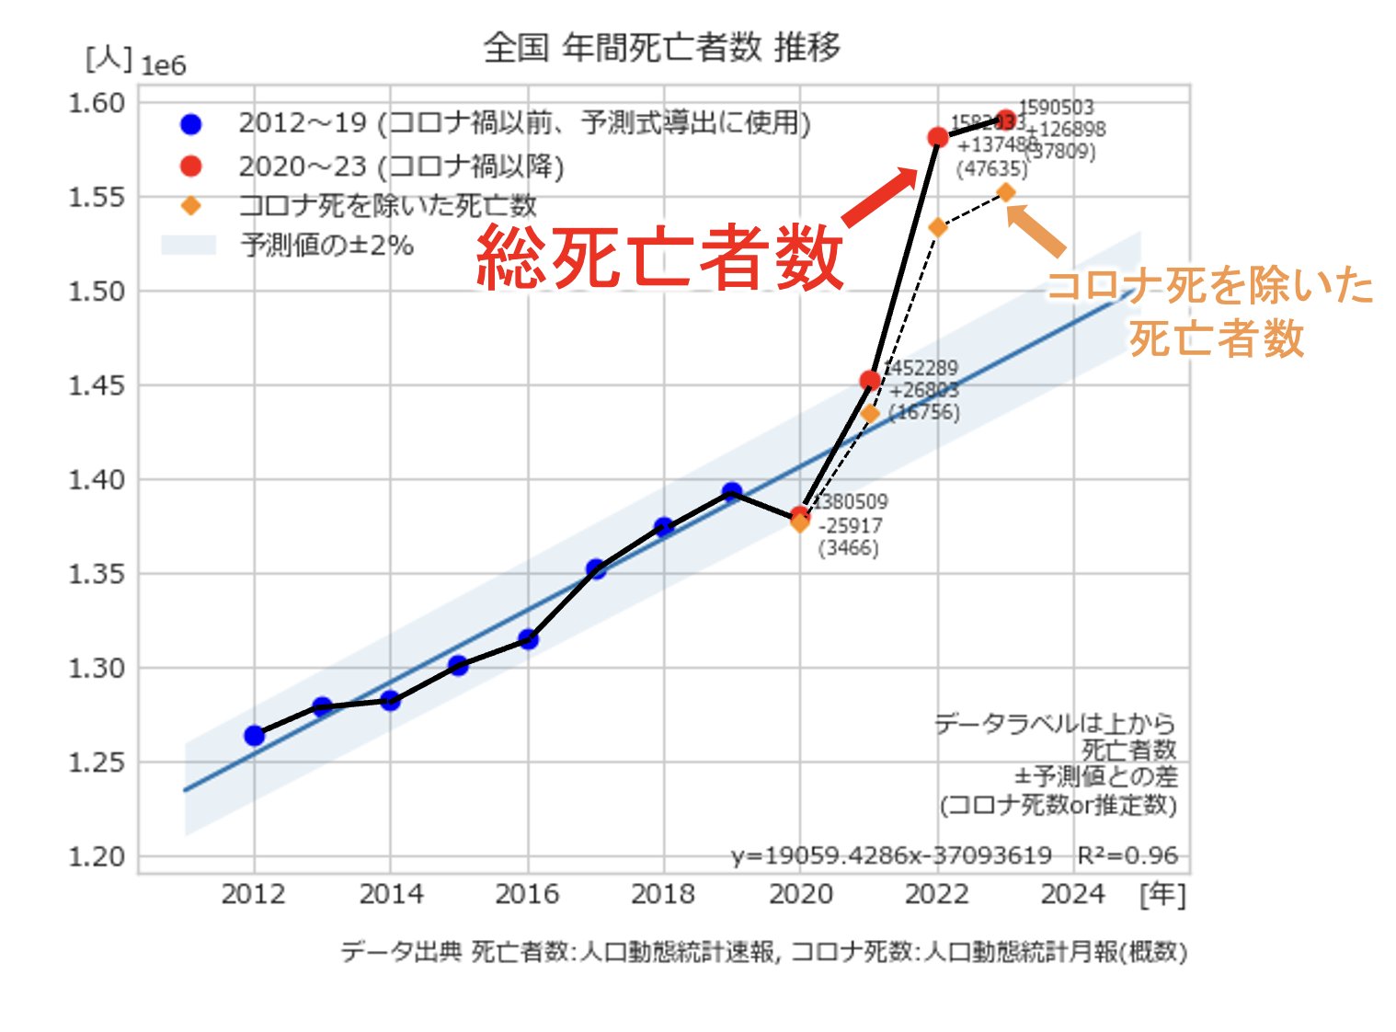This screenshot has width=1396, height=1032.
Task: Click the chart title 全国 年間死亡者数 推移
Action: click(661, 47)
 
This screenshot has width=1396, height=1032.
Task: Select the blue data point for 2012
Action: click(255, 735)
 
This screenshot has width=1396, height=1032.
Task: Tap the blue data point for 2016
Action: click(528, 639)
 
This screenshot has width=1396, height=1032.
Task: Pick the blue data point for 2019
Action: click(732, 492)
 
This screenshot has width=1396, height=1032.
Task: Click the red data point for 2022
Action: click(937, 137)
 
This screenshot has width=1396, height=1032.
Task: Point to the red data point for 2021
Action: click(869, 380)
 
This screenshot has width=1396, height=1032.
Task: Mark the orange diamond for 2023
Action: click(1006, 192)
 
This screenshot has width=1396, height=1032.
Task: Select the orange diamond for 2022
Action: click(937, 227)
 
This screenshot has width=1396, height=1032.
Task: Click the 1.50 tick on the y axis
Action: click(97, 292)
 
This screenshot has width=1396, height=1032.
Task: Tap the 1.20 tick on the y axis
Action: click(97, 856)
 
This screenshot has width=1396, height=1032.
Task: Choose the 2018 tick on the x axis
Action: click(663, 894)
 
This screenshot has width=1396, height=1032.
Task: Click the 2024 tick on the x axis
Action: click(1072, 894)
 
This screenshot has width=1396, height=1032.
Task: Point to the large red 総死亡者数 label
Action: click(659, 258)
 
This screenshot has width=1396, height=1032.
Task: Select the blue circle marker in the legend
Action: click(190, 123)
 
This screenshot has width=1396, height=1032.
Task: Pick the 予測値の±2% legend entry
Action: click(326, 246)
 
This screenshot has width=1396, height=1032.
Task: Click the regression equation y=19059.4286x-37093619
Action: click(891, 855)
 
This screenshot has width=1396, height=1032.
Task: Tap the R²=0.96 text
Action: click(1127, 855)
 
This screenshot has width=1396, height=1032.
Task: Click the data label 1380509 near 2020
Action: click(852, 501)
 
